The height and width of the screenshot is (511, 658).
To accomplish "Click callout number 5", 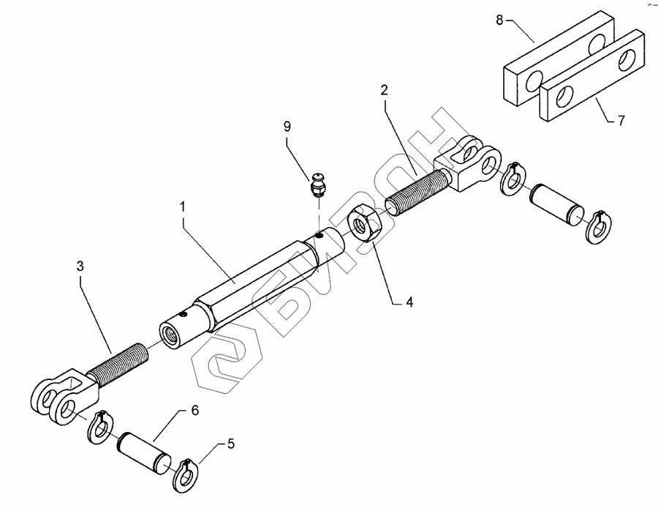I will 230,444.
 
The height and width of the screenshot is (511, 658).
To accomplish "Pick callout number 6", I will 194,411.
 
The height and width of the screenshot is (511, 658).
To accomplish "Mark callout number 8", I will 499,20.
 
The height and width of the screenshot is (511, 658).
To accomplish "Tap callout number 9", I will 287,127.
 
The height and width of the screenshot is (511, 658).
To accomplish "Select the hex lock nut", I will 363,223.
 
